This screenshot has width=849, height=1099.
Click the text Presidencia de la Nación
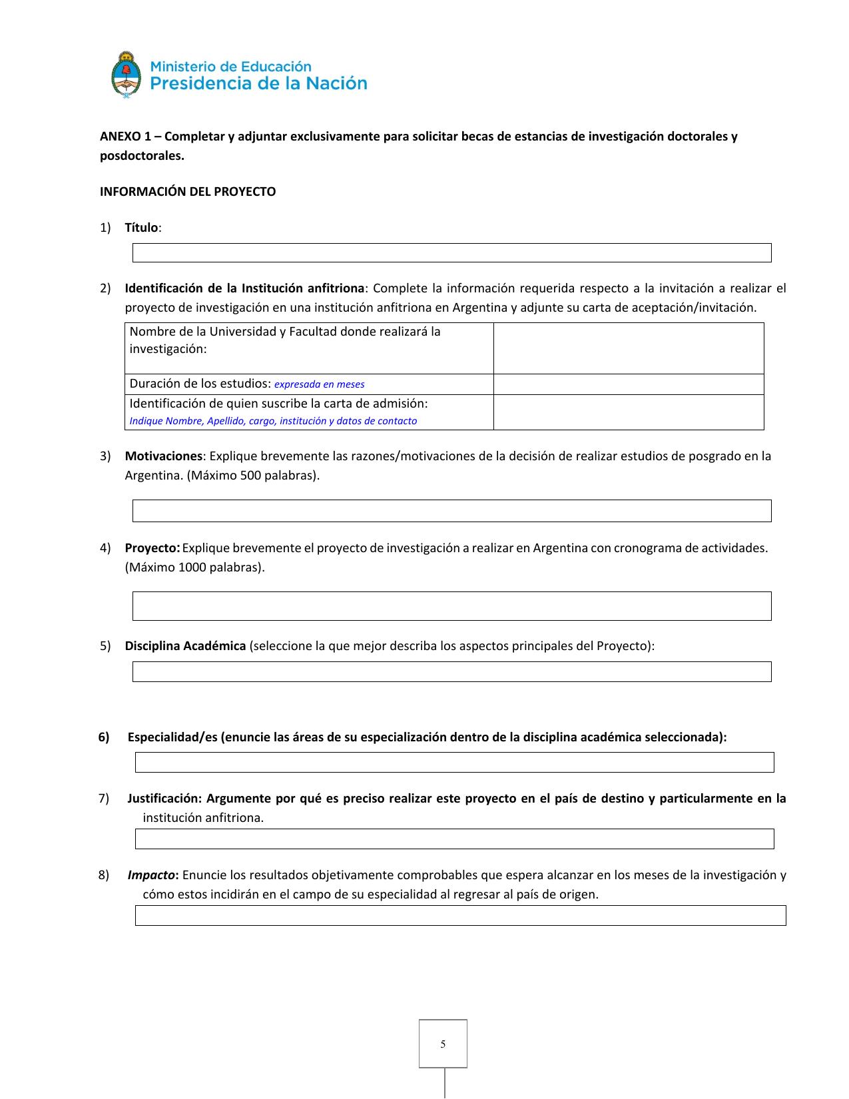point(259,84)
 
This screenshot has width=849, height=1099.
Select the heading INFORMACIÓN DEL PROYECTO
point(188,192)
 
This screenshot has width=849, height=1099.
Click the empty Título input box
point(451,253)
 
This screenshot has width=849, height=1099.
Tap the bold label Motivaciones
point(163,456)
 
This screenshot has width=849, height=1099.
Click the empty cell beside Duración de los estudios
point(628,384)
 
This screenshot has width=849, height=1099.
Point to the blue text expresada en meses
point(320,384)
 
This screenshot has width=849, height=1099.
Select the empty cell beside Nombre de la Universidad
point(628,348)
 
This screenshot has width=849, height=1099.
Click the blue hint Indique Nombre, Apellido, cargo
point(273,421)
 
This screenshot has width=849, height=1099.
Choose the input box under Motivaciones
point(451,511)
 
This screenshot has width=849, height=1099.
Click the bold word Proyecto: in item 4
point(152,548)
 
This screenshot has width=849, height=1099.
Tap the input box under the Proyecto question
point(451,606)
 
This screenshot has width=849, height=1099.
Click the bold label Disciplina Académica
point(185,646)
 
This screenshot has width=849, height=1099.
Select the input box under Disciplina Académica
point(451,671)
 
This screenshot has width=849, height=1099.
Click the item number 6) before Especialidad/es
point(104,737)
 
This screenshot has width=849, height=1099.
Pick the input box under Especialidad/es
point(454,762)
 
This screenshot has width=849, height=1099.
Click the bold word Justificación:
point(164,799)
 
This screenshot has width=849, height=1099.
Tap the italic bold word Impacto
point(152,875)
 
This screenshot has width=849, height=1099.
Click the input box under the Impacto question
point(460,916)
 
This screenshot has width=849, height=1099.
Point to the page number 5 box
point(443,1044)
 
